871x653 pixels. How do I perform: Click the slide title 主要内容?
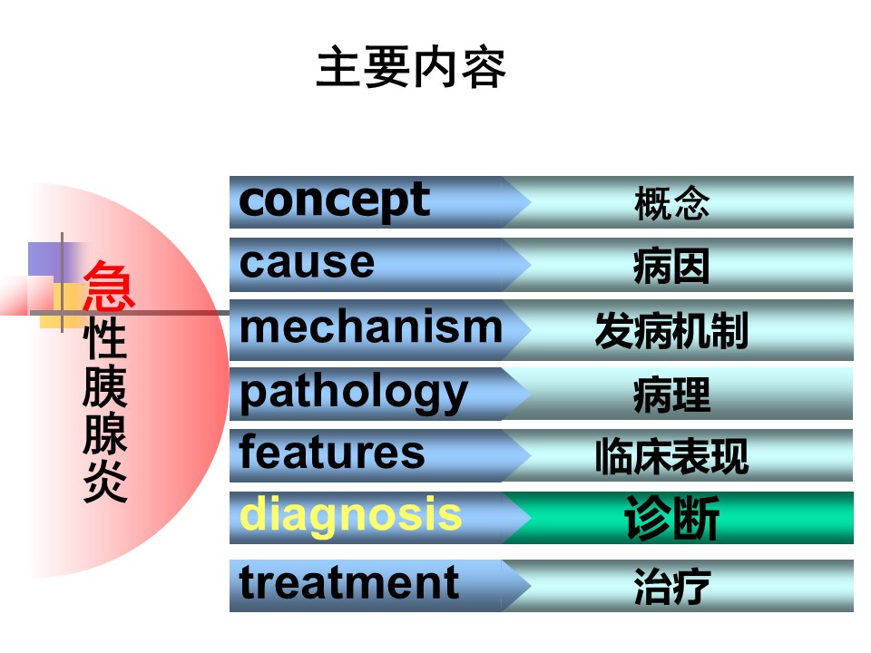coord(411,67)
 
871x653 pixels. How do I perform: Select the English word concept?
coord(335,201)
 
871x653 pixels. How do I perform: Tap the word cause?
coord(308,262)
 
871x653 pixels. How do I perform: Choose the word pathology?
coord(354,393)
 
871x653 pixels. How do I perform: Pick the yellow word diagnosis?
coord(350,516)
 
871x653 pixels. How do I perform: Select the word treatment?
coord(348,582)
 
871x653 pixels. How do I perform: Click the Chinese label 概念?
coord(671,203)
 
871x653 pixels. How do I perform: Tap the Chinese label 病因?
coord(671,267)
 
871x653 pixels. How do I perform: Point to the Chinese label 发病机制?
coord(671,330)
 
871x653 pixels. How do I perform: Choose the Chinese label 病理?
coord(671,395)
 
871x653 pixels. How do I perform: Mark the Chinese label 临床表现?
coord(671,456)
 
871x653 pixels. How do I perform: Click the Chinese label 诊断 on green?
coord(671,518)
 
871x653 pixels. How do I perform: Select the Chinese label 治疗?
coord(671,586)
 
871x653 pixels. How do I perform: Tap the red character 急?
coord(108,285)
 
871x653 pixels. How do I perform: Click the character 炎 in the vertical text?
coord(105,481)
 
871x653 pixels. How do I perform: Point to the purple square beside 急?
coord(44,258)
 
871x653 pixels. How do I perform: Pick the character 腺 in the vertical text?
coord(105,434)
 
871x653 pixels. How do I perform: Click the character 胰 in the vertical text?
coord(105,386)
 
